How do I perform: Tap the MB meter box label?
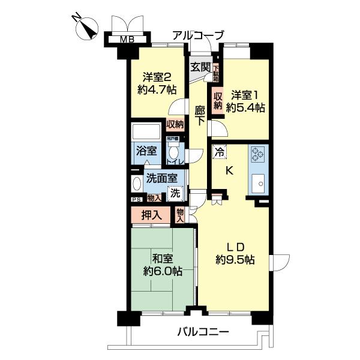pyautogui.click(x=126, y=40)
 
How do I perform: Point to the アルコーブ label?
pyautogui.click(x=198, y=35)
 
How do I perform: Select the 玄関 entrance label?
pyautogui.click(x=200, y=67)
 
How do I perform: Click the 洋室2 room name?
pyautogui.click(x=157, y=77)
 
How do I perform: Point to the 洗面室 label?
pyautogui.click(x=163, y=178)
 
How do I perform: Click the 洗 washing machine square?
pyautogui.click(x=175, y=193)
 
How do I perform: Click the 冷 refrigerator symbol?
pyautogui.click(x=220, y=152)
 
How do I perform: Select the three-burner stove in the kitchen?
pyautogui.click(x=259, y=154)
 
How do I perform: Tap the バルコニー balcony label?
pyautogui.click(x=203, y=332)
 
